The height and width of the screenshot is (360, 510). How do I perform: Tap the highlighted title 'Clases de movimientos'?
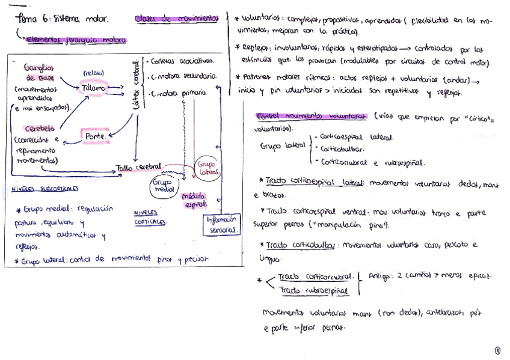click(176, 19)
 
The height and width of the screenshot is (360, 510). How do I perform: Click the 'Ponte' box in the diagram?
click(96, 137)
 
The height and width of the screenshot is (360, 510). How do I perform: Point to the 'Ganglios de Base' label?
click(39, 73)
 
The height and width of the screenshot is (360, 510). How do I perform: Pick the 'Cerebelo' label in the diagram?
click(40, 129)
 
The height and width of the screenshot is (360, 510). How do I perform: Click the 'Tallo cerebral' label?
click(139, 167)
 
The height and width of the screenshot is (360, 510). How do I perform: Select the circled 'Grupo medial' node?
click(162, 185)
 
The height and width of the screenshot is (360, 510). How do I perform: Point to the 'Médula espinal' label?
click(194, 200)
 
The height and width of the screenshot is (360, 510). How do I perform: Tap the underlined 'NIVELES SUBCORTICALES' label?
click(45, 188)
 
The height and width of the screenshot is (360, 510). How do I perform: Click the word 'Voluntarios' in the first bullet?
click(260, 20)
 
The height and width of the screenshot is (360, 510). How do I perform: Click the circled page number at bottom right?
click(497, 350)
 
